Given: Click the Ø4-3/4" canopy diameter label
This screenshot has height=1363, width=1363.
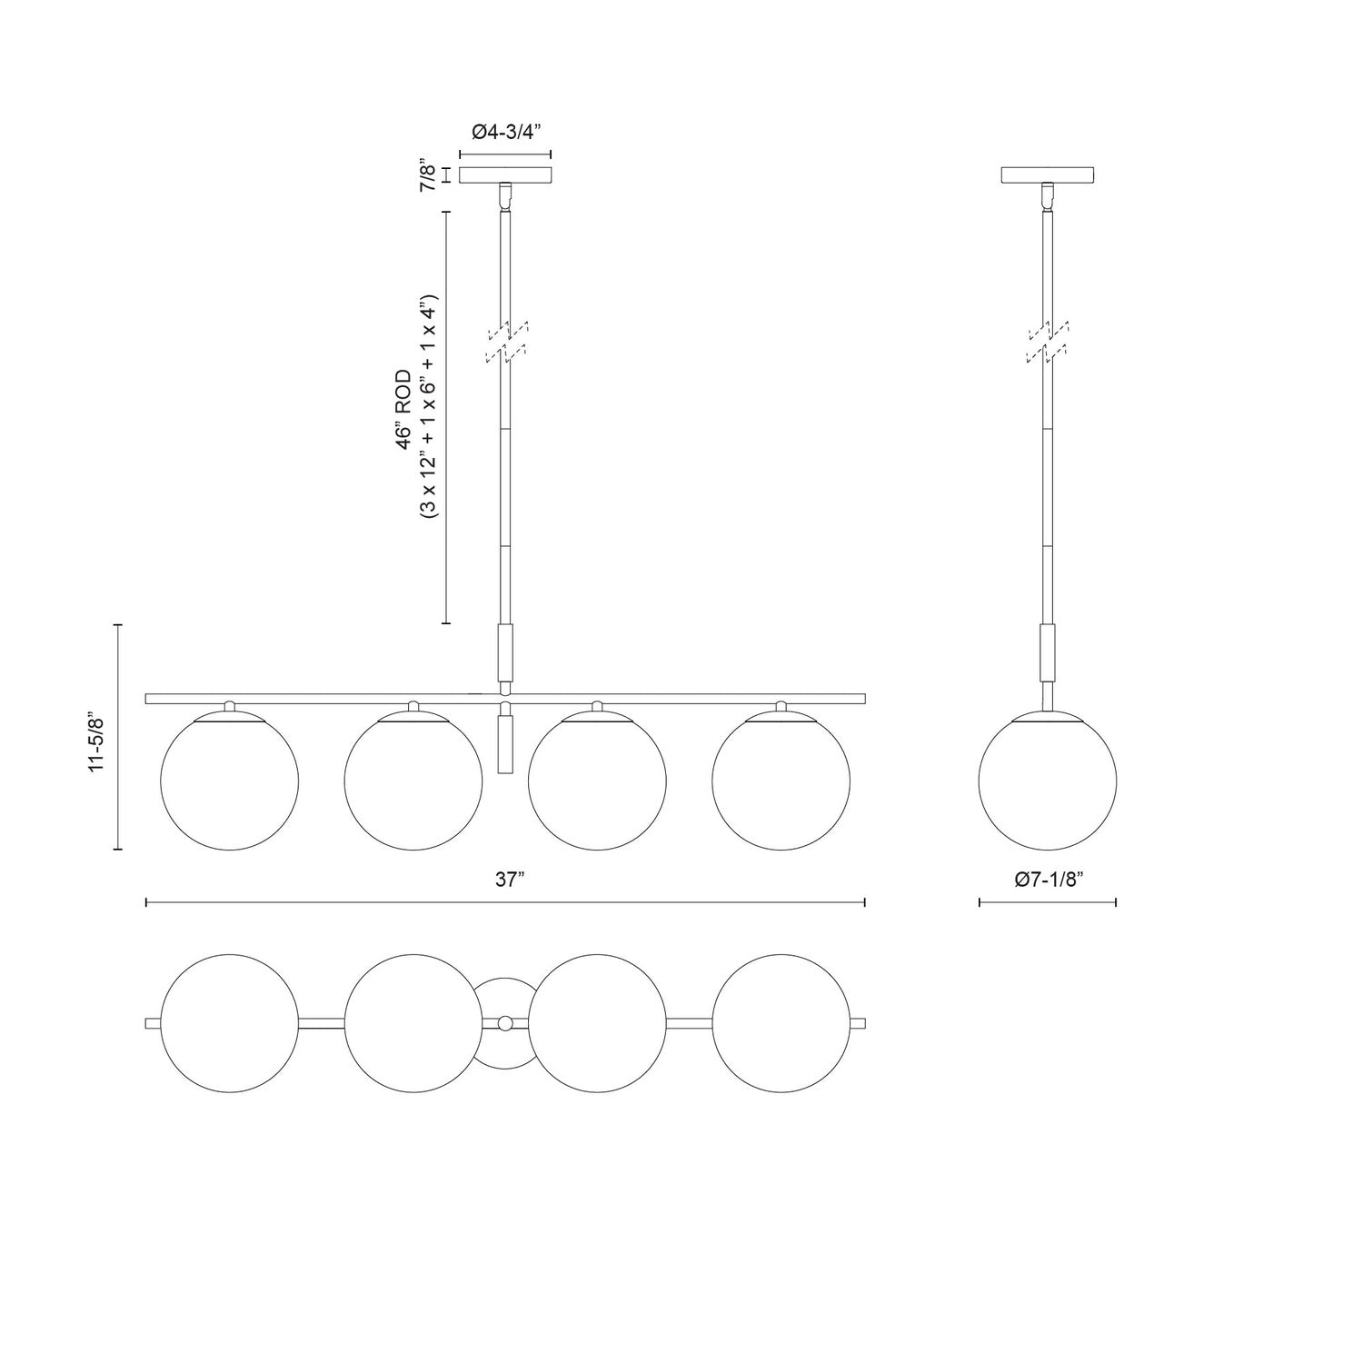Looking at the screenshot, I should pos(506,133).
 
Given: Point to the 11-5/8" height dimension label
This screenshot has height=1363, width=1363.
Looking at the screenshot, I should pos(97,737).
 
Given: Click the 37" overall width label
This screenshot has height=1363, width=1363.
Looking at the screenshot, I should pos(510,880).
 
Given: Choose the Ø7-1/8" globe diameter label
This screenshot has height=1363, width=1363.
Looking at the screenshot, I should pos(1047,880).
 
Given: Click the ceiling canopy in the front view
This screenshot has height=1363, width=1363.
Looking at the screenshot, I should pos(506,174).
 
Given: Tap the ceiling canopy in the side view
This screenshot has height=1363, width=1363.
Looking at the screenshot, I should pos(1047,174).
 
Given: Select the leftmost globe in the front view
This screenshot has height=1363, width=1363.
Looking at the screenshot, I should pos(228,781).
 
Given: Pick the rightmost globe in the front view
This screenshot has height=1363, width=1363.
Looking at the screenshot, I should pos(781,781).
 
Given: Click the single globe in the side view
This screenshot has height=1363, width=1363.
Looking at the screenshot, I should pos(1047,781).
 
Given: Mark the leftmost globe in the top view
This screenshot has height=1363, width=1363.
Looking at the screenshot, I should pos(228,1023).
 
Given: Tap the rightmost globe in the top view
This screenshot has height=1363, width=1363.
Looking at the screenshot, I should pos(781,1023).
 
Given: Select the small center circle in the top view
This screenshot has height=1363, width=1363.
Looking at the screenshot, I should pos(505,1023).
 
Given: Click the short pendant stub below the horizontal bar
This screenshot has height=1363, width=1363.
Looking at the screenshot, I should pos(506,742).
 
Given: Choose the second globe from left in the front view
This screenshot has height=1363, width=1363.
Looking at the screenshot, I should pos(413,781).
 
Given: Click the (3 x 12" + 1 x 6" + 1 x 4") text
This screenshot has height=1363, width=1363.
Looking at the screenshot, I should pos(430,406).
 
